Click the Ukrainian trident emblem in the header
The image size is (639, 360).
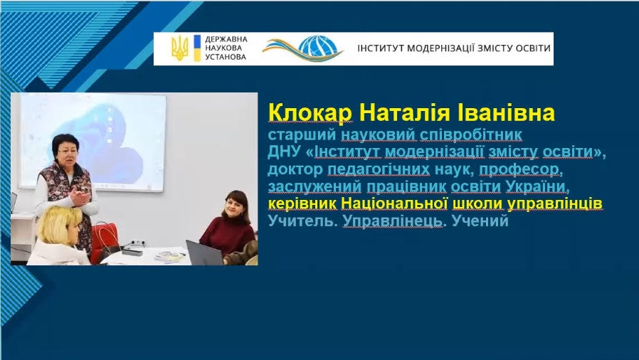[180, 48]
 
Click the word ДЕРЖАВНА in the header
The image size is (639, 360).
[226, 40]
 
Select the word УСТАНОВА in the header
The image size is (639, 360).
[226, 57]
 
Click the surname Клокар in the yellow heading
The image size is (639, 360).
[310, 113]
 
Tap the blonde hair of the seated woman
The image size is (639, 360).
[59, 223]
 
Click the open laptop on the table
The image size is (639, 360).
[204, 253]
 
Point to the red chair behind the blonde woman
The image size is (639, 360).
[105, 241]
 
